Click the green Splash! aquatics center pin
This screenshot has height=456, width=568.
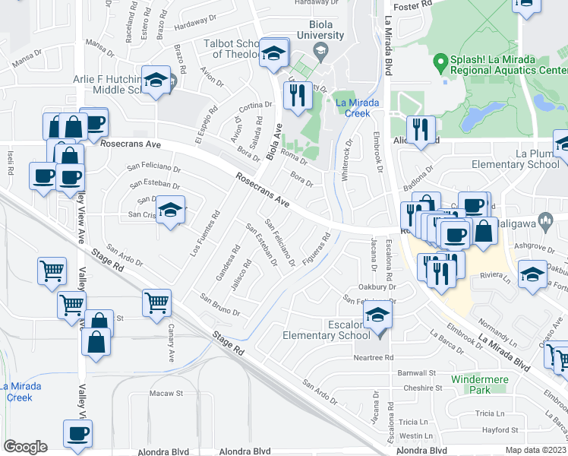tap(438, 60)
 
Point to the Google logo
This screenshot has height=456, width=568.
tap(25, 447)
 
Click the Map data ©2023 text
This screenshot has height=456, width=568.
tap(535, 450)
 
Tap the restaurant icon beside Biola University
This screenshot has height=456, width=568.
tap(296, 96)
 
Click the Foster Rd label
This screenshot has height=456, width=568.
tap(413, 5)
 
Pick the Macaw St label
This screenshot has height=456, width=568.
tap(170, 394)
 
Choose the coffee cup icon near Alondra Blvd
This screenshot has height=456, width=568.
tap(77, 434)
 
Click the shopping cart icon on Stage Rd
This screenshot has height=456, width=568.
tap(156, 303)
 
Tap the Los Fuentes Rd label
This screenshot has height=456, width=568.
tap(206, 231)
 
